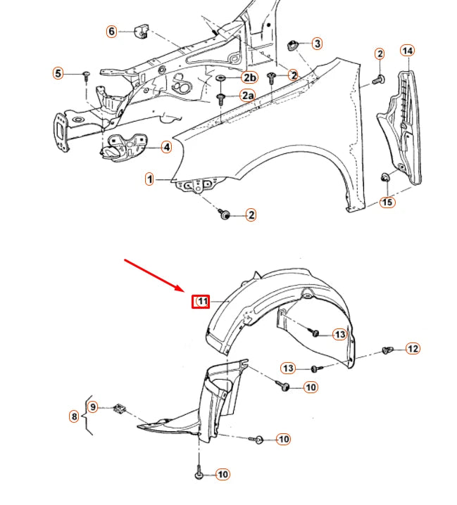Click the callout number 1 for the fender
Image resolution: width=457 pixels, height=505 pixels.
point(150,179)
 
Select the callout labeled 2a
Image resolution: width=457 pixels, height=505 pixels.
point(248,95)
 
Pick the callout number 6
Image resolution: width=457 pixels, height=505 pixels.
point(111,32)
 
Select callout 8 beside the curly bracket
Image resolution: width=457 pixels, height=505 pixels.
point(74,416)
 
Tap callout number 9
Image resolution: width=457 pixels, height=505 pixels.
point(93,407)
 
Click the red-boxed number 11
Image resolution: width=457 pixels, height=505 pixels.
point(202,302)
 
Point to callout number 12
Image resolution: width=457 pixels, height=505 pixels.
point(413,348)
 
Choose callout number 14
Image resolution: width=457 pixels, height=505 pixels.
point(408,50)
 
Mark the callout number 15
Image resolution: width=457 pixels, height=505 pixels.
point(388,203)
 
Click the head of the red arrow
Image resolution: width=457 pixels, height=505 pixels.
point(185,292)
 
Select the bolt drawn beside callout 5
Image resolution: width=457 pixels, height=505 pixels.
point(86,75)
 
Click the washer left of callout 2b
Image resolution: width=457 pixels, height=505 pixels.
point(220,77)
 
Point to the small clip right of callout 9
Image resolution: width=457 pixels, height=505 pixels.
point(120,407)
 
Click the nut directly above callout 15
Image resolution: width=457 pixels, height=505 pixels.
point(386,177)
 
